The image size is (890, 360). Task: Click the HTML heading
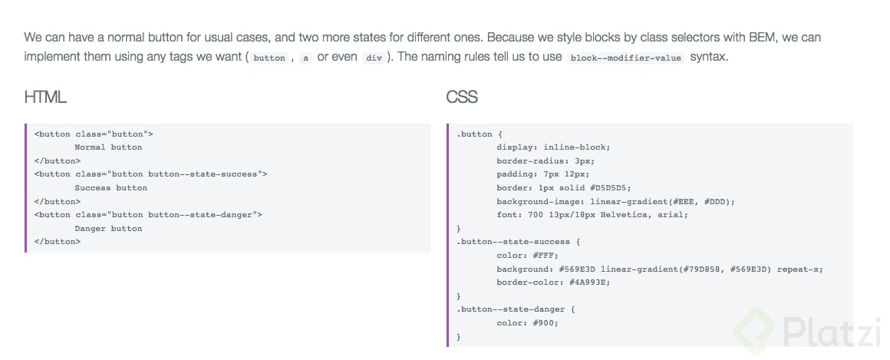(45, 97)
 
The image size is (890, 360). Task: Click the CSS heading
(462, 97)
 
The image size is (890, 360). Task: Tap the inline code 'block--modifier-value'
(625, 58)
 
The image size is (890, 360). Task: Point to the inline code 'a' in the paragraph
(306, 58)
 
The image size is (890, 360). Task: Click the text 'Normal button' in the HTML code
(108, 147)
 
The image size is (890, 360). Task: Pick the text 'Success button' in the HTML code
(110, 188)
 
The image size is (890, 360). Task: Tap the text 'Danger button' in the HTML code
(108, 228)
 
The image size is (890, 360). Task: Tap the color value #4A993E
(589, 282)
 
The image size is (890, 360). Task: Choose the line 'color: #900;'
(527, 323)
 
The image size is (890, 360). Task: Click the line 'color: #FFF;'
(527, 256)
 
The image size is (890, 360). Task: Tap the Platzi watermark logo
(809, 330)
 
